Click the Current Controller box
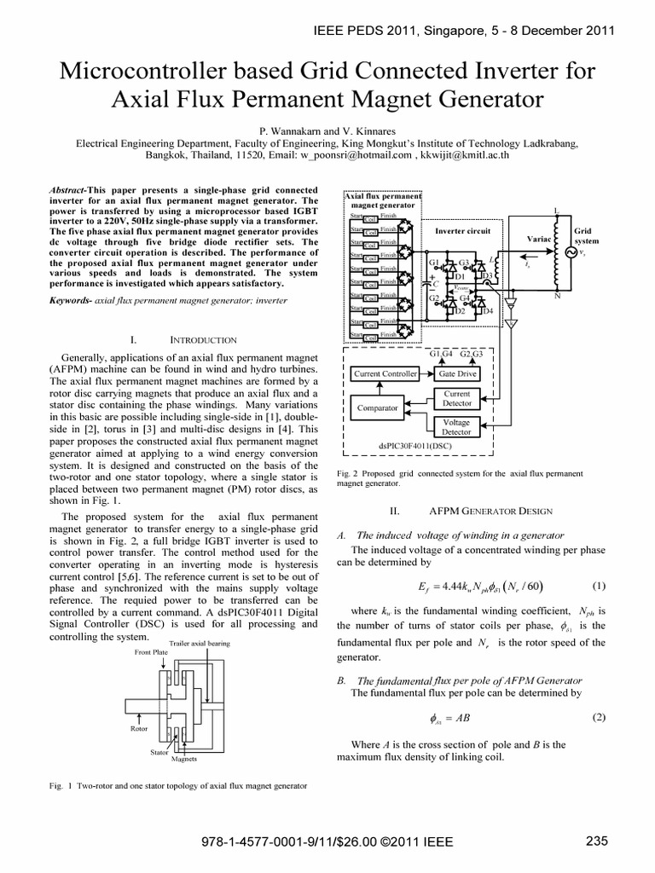click(x=385, y=373)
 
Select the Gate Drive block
click(x=458, y=373)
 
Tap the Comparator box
click(x=378, y=408)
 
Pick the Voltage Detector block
click(x=457, y=427)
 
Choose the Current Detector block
click(x=457, y=398)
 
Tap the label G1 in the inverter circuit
click(x=434, y=263)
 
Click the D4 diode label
click(x=488, y=312)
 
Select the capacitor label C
click(x=436, y=282)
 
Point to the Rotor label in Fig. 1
click(x=139, y=730)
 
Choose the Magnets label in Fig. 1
click(x=184, y=758)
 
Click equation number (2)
click(x=598, y=717)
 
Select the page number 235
click(x=597, y=841)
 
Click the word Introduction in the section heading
click(x=204, y=339)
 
